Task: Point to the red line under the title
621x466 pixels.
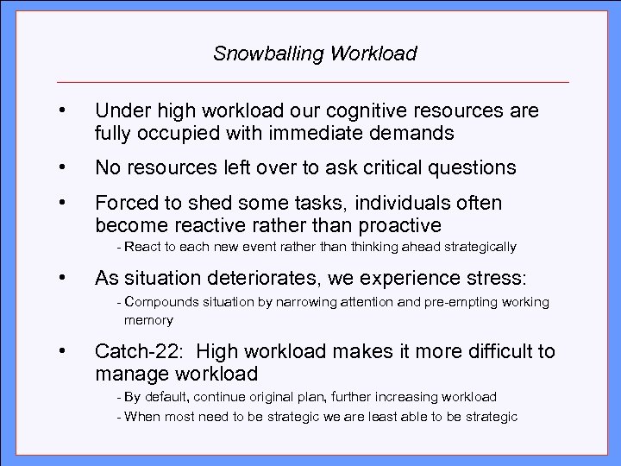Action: [312, 82]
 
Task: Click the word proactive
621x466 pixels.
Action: [392, 227]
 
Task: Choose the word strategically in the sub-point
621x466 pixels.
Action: [476, 248]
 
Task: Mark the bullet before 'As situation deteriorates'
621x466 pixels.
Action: [62, 279]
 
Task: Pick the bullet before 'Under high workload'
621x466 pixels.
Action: [62, 111]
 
